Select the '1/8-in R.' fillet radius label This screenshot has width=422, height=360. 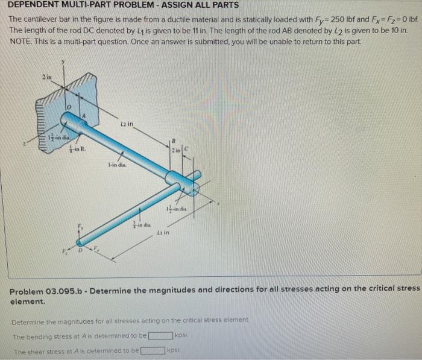click(77, 153)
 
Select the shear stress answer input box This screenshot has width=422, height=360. click(153, 350)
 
